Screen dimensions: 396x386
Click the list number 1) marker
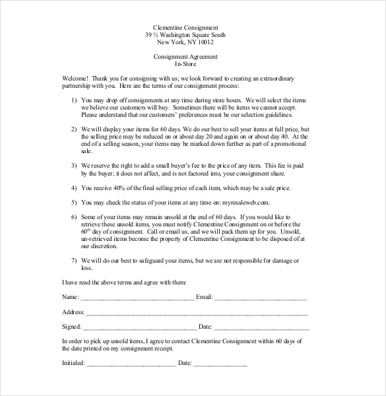(x=73, y=98)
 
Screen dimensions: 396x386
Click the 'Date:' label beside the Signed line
(x=205, y=327)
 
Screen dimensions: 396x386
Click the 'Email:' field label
(x=204, y=298)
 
